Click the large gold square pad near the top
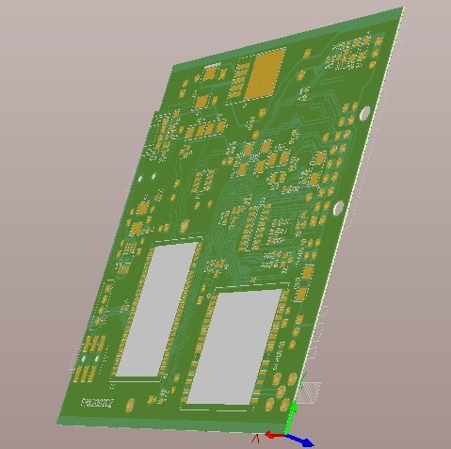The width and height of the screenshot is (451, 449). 265,73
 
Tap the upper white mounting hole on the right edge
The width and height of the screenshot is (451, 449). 364,115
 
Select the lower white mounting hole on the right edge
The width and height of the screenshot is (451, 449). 338,207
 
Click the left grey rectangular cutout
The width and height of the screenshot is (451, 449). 156,310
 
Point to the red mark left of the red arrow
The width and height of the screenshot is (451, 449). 253,438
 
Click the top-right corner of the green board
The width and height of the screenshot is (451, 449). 402,8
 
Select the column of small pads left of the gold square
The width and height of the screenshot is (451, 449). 235,79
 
